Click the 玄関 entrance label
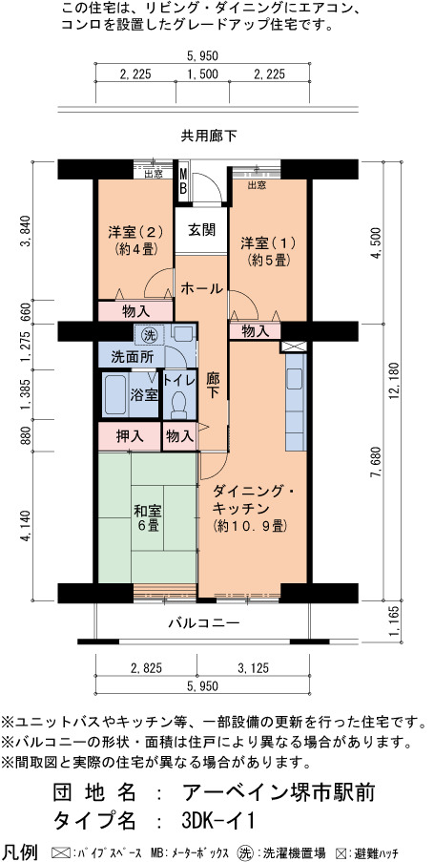click(x=201, y=230)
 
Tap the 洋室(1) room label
click(x=268, y=242)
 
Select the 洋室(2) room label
click(x=135, y=231)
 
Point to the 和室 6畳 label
click(x=147, y=517)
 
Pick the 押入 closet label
click(x=130, y=436)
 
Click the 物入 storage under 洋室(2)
click(x=136, y=311)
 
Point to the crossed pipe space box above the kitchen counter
click(x=290, y=347)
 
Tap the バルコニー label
click(x=204, y=622)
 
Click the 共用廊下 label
click(x=209, y=136)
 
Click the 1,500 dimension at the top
click(x=203, y=74)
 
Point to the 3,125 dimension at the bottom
click(x=254, y=668)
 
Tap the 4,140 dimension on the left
click(x=26, y=527)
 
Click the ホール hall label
click(x=201, y=287)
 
